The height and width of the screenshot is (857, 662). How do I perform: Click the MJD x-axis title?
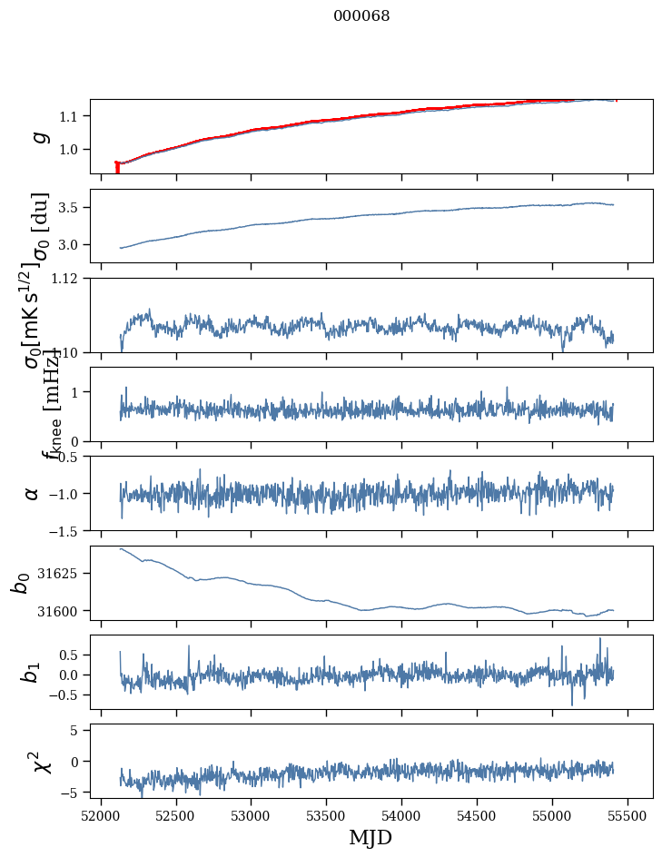[x=371, y=837]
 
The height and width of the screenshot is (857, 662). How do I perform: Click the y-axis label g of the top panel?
[x=39, y=136]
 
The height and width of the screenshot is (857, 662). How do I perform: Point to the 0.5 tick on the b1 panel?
[x=74, y=655]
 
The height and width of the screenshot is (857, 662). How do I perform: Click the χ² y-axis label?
[x=41, y=761]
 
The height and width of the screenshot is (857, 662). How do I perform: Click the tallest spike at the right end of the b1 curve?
[x=600, y=640]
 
